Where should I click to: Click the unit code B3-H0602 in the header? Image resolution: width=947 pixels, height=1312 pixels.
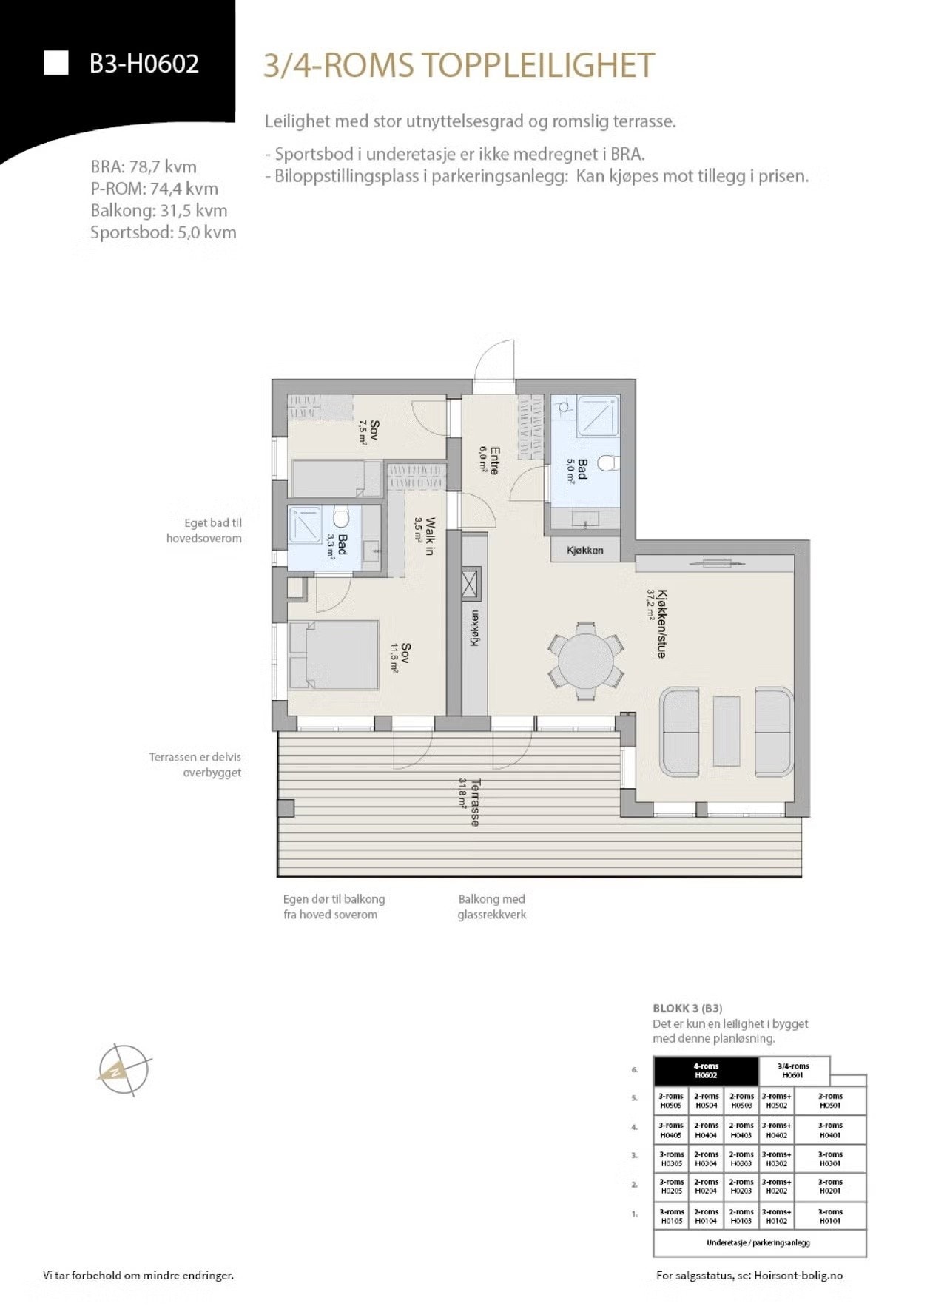point(144,64)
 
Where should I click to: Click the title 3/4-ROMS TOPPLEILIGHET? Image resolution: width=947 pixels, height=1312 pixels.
point(459,65)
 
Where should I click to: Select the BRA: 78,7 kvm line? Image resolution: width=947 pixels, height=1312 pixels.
point(144,166)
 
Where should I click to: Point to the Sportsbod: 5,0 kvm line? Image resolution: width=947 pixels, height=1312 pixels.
point(163,232)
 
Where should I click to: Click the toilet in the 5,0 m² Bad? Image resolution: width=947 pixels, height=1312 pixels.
point(607,463)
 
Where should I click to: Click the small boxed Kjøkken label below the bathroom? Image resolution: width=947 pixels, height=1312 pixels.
point(585,550)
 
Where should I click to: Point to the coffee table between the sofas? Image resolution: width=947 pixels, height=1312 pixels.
point(727,730)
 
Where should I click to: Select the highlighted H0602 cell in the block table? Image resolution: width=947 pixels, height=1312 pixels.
point(706,1071)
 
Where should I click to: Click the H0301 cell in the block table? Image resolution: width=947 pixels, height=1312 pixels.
point(830,1159)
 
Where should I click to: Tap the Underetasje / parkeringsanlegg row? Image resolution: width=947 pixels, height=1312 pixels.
point(758,1242)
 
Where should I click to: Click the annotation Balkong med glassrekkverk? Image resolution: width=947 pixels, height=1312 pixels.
point(491,906)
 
